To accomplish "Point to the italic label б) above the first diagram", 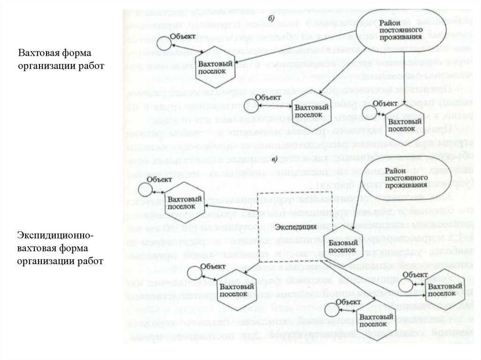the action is pos(272,17).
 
